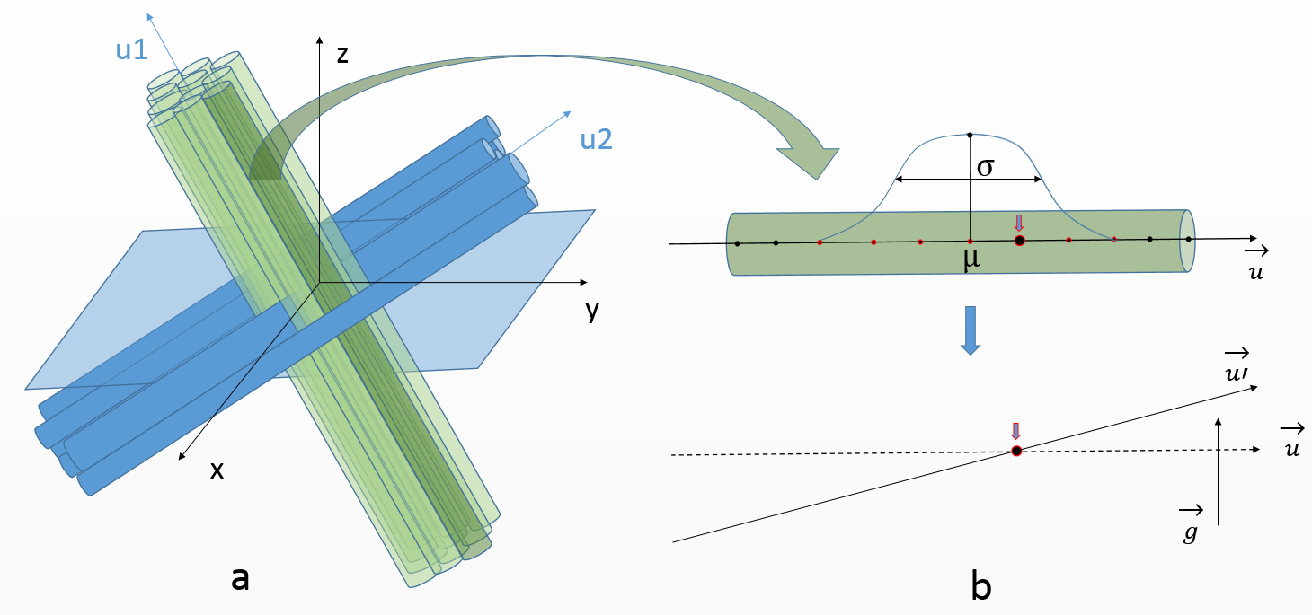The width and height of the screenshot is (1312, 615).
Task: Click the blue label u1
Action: click(x=131, y=49)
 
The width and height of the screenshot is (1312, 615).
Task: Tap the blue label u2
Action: click(x=597, y=140)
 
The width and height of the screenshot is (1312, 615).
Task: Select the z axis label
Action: click(x=342, y=55)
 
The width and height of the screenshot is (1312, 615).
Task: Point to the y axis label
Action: click(x=592, y=310)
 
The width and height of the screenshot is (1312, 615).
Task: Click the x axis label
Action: click(x=217, y=470)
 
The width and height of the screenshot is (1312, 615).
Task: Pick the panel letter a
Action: click(x=240, y=578)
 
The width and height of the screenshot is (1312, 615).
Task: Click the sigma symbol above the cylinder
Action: click(x=986, y=167)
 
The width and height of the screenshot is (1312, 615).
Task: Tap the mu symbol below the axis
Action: click(x=971, y=259)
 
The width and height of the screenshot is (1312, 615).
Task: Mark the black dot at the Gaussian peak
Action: click(x=970, y=136)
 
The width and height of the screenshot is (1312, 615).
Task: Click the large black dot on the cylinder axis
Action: click(x=1020, y=241)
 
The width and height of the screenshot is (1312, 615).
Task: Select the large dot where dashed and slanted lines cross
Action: click(x=1017, y=452)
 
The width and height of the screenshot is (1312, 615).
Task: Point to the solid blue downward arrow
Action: click(x=971, y=330)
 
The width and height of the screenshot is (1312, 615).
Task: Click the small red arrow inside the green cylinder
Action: click(x=1019, y=223)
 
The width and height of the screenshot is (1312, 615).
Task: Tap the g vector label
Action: click(x=1191, y=525)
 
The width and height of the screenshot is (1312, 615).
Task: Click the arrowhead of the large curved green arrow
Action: click(x=811, y=162)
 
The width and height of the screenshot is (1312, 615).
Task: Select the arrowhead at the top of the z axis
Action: click(x=320, y=40)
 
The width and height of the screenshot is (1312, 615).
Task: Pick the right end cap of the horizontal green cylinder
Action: click(x=1187, y=241)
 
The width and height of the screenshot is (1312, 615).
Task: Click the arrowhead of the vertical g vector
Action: click(x=1219, y=423)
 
